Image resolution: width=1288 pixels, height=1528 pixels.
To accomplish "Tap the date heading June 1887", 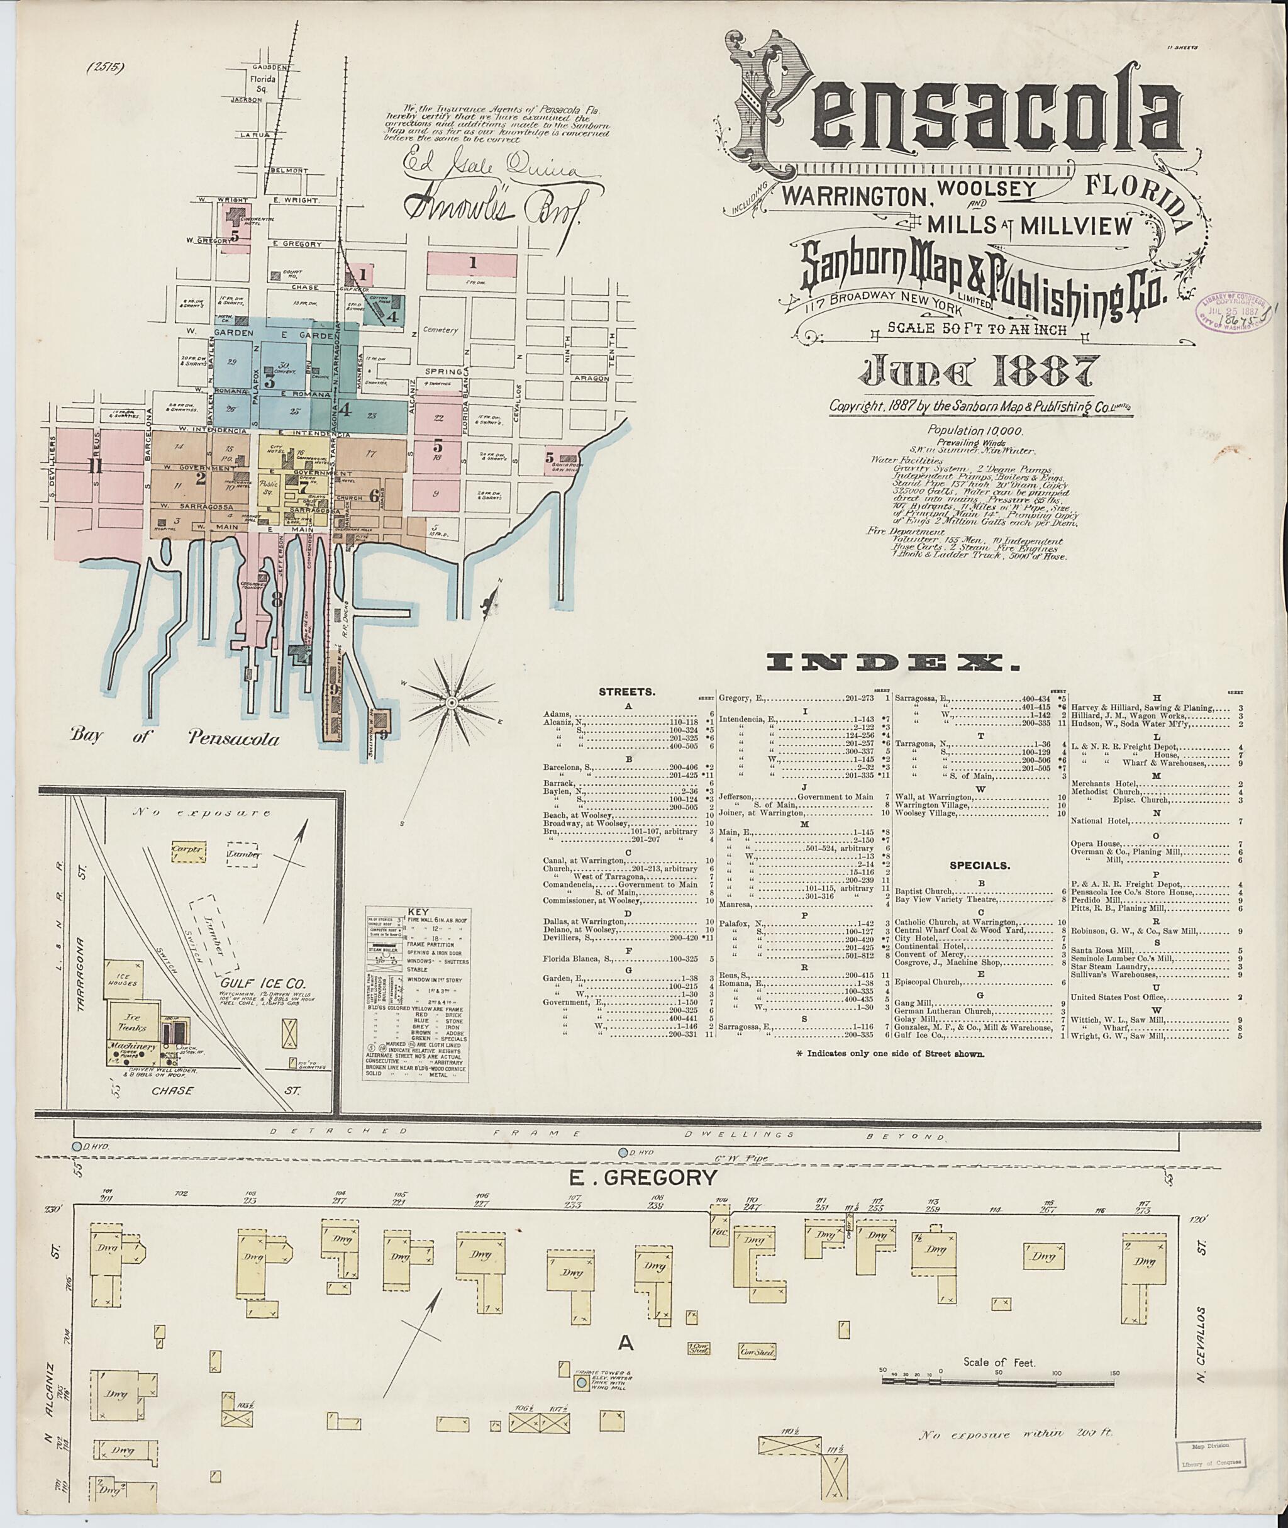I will tap(979, 372).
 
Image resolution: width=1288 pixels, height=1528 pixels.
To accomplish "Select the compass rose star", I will tap(451, 703).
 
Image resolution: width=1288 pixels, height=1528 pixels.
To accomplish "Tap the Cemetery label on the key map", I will tap(440, 330).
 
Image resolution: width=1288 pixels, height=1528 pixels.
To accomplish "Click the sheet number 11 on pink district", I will tap(95, 466).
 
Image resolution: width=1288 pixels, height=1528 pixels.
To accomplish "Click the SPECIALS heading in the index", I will tap(979, 866).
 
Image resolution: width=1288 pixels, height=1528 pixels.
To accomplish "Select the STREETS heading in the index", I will tap(626, 690).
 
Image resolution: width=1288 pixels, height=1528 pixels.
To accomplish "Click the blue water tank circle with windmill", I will tap(582, 1383).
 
